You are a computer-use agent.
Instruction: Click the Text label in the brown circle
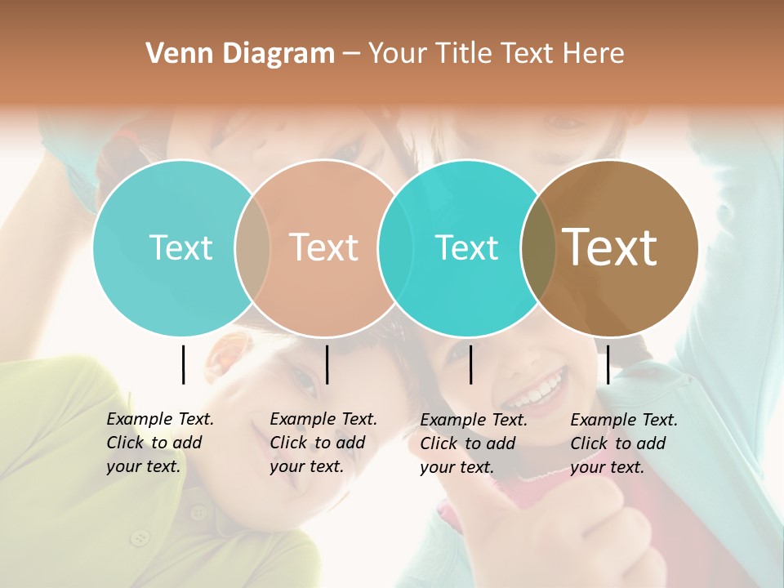coord(610,247)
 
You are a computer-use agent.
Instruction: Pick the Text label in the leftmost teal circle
coord(180,247)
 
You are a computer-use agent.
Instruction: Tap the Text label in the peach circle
coord(323,247)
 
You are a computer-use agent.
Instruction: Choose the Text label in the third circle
coord(466,247)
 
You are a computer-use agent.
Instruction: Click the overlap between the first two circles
coord(252,248)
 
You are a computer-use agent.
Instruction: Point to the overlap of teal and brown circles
coord(537,248)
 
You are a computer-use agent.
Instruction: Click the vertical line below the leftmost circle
coord(183,364)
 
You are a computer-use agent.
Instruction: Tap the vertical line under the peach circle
coord(327,364)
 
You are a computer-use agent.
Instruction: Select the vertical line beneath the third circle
coord(470,364)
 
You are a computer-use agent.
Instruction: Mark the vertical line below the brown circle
coord(608,364)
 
